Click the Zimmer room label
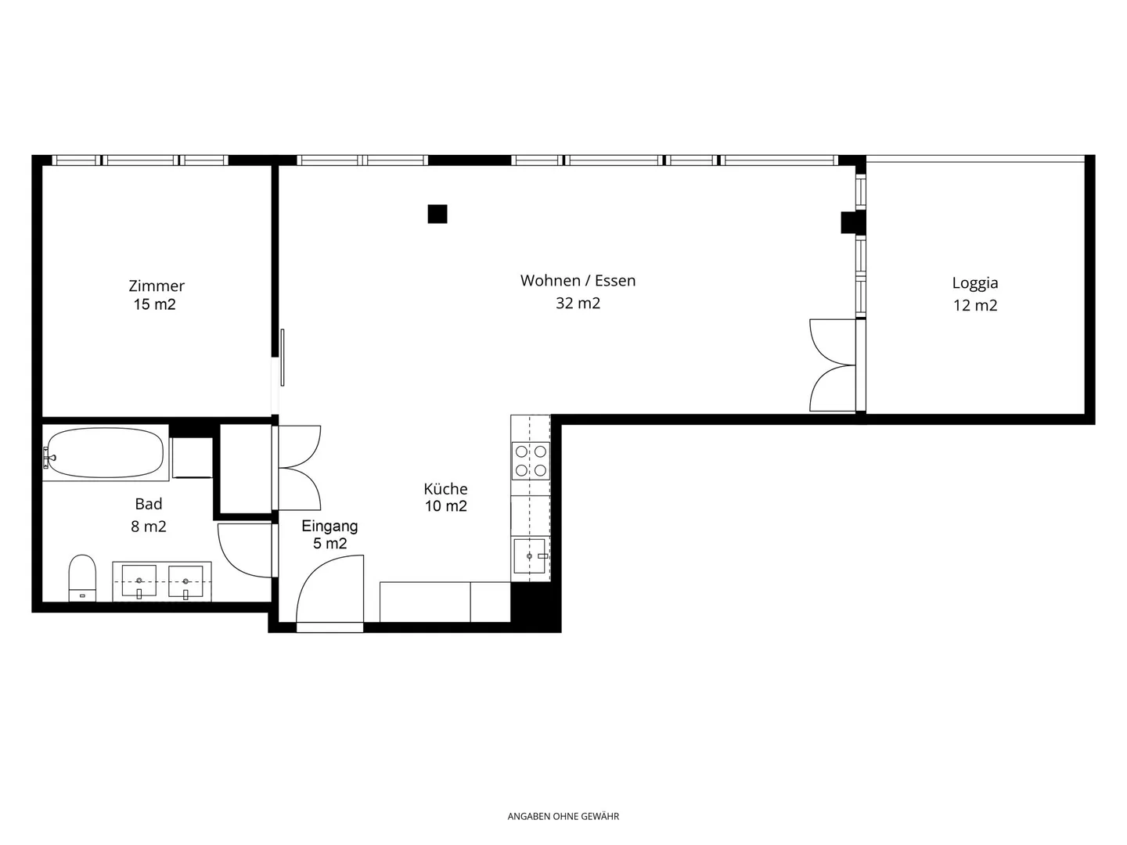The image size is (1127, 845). [157, 286]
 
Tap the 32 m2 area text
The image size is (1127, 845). [578, 304]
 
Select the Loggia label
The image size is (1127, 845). [975, 284]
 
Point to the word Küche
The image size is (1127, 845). [445, 488]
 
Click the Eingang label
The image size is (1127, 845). [329, 527]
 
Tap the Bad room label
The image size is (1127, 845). [149, 504]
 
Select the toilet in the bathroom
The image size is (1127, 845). [82, 577]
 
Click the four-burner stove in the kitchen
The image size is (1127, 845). [531, 461]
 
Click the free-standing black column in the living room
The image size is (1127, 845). [437, 214]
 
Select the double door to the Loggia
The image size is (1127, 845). [833, 365]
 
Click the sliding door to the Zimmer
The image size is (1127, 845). [283, 358]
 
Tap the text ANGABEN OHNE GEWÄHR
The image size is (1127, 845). [563, 816]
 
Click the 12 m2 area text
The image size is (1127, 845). [975, 306]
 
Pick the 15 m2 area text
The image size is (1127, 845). [154, 305]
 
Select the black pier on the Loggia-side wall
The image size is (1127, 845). [853, 222]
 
